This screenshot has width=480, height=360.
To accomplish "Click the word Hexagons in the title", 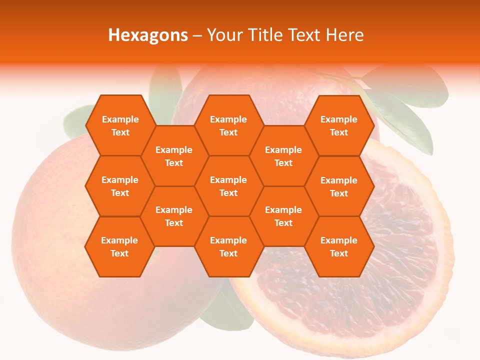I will click(148, 35).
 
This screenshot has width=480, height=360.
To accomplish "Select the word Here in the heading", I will click(344, 35).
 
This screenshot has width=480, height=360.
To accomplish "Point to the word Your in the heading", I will click(223, 35).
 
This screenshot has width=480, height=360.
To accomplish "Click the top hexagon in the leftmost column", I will click(120, 125).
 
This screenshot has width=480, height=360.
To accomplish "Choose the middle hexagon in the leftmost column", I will click(120, 186).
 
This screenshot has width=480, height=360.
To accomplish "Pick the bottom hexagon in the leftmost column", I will click(119, 246).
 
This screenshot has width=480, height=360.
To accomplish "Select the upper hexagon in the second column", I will click(174, 156).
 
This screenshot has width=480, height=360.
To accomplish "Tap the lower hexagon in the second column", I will click(174, 216).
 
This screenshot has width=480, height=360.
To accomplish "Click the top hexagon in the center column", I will click(228, 125).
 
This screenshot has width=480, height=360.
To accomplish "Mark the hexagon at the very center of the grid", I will click(228, 186).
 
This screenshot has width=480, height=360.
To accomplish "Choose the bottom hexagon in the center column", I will click(228, 246).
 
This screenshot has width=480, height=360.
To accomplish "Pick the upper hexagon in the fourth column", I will click(283, 156).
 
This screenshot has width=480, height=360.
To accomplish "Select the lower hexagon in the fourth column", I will click(283, 216).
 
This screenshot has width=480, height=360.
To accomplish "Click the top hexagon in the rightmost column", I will click(339, 125).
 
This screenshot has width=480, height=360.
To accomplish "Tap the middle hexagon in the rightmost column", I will click(339, 186).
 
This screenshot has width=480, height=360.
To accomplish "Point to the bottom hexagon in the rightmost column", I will click(339, 246).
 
